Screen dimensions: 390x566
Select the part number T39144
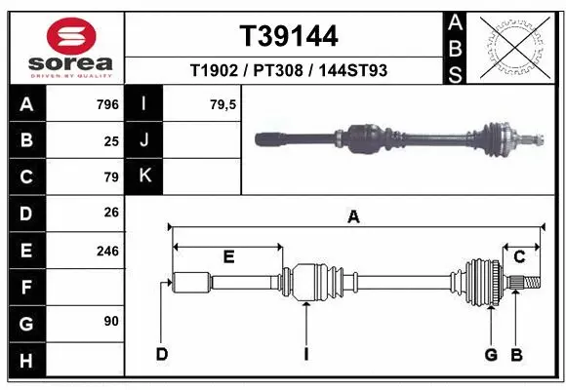pyautogui.click(x=289, y=36)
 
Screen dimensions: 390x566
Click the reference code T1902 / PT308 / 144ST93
pyautogui.click(x=289, y=71)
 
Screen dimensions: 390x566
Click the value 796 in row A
pyautogui.click(x=107, y=104)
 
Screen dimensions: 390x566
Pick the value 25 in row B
pyautogui.click(x=110, y=141)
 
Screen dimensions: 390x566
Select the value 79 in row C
pyautogui.click(x=110, y=177)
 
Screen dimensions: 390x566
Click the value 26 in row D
pyautogui.click(x=110, y=214)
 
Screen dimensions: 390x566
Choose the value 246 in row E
pyautogui.click(x=107, y=251)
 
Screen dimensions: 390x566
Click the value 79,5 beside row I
pyautogui.click(x=223, y=104)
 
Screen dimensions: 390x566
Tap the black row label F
pyautogui.click(x=26, y=288)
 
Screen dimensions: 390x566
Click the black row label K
pyautogui.click(x=144, y=176)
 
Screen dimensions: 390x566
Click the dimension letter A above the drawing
pyautogui.click(x=353, y=217)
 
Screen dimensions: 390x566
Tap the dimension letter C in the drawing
pyautogui.click(x=520, y=256)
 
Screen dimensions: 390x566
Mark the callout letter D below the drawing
pyautogui.click(x=162, y=353)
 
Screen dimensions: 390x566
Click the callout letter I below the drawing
pyautogui.click(x=305, y=353)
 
